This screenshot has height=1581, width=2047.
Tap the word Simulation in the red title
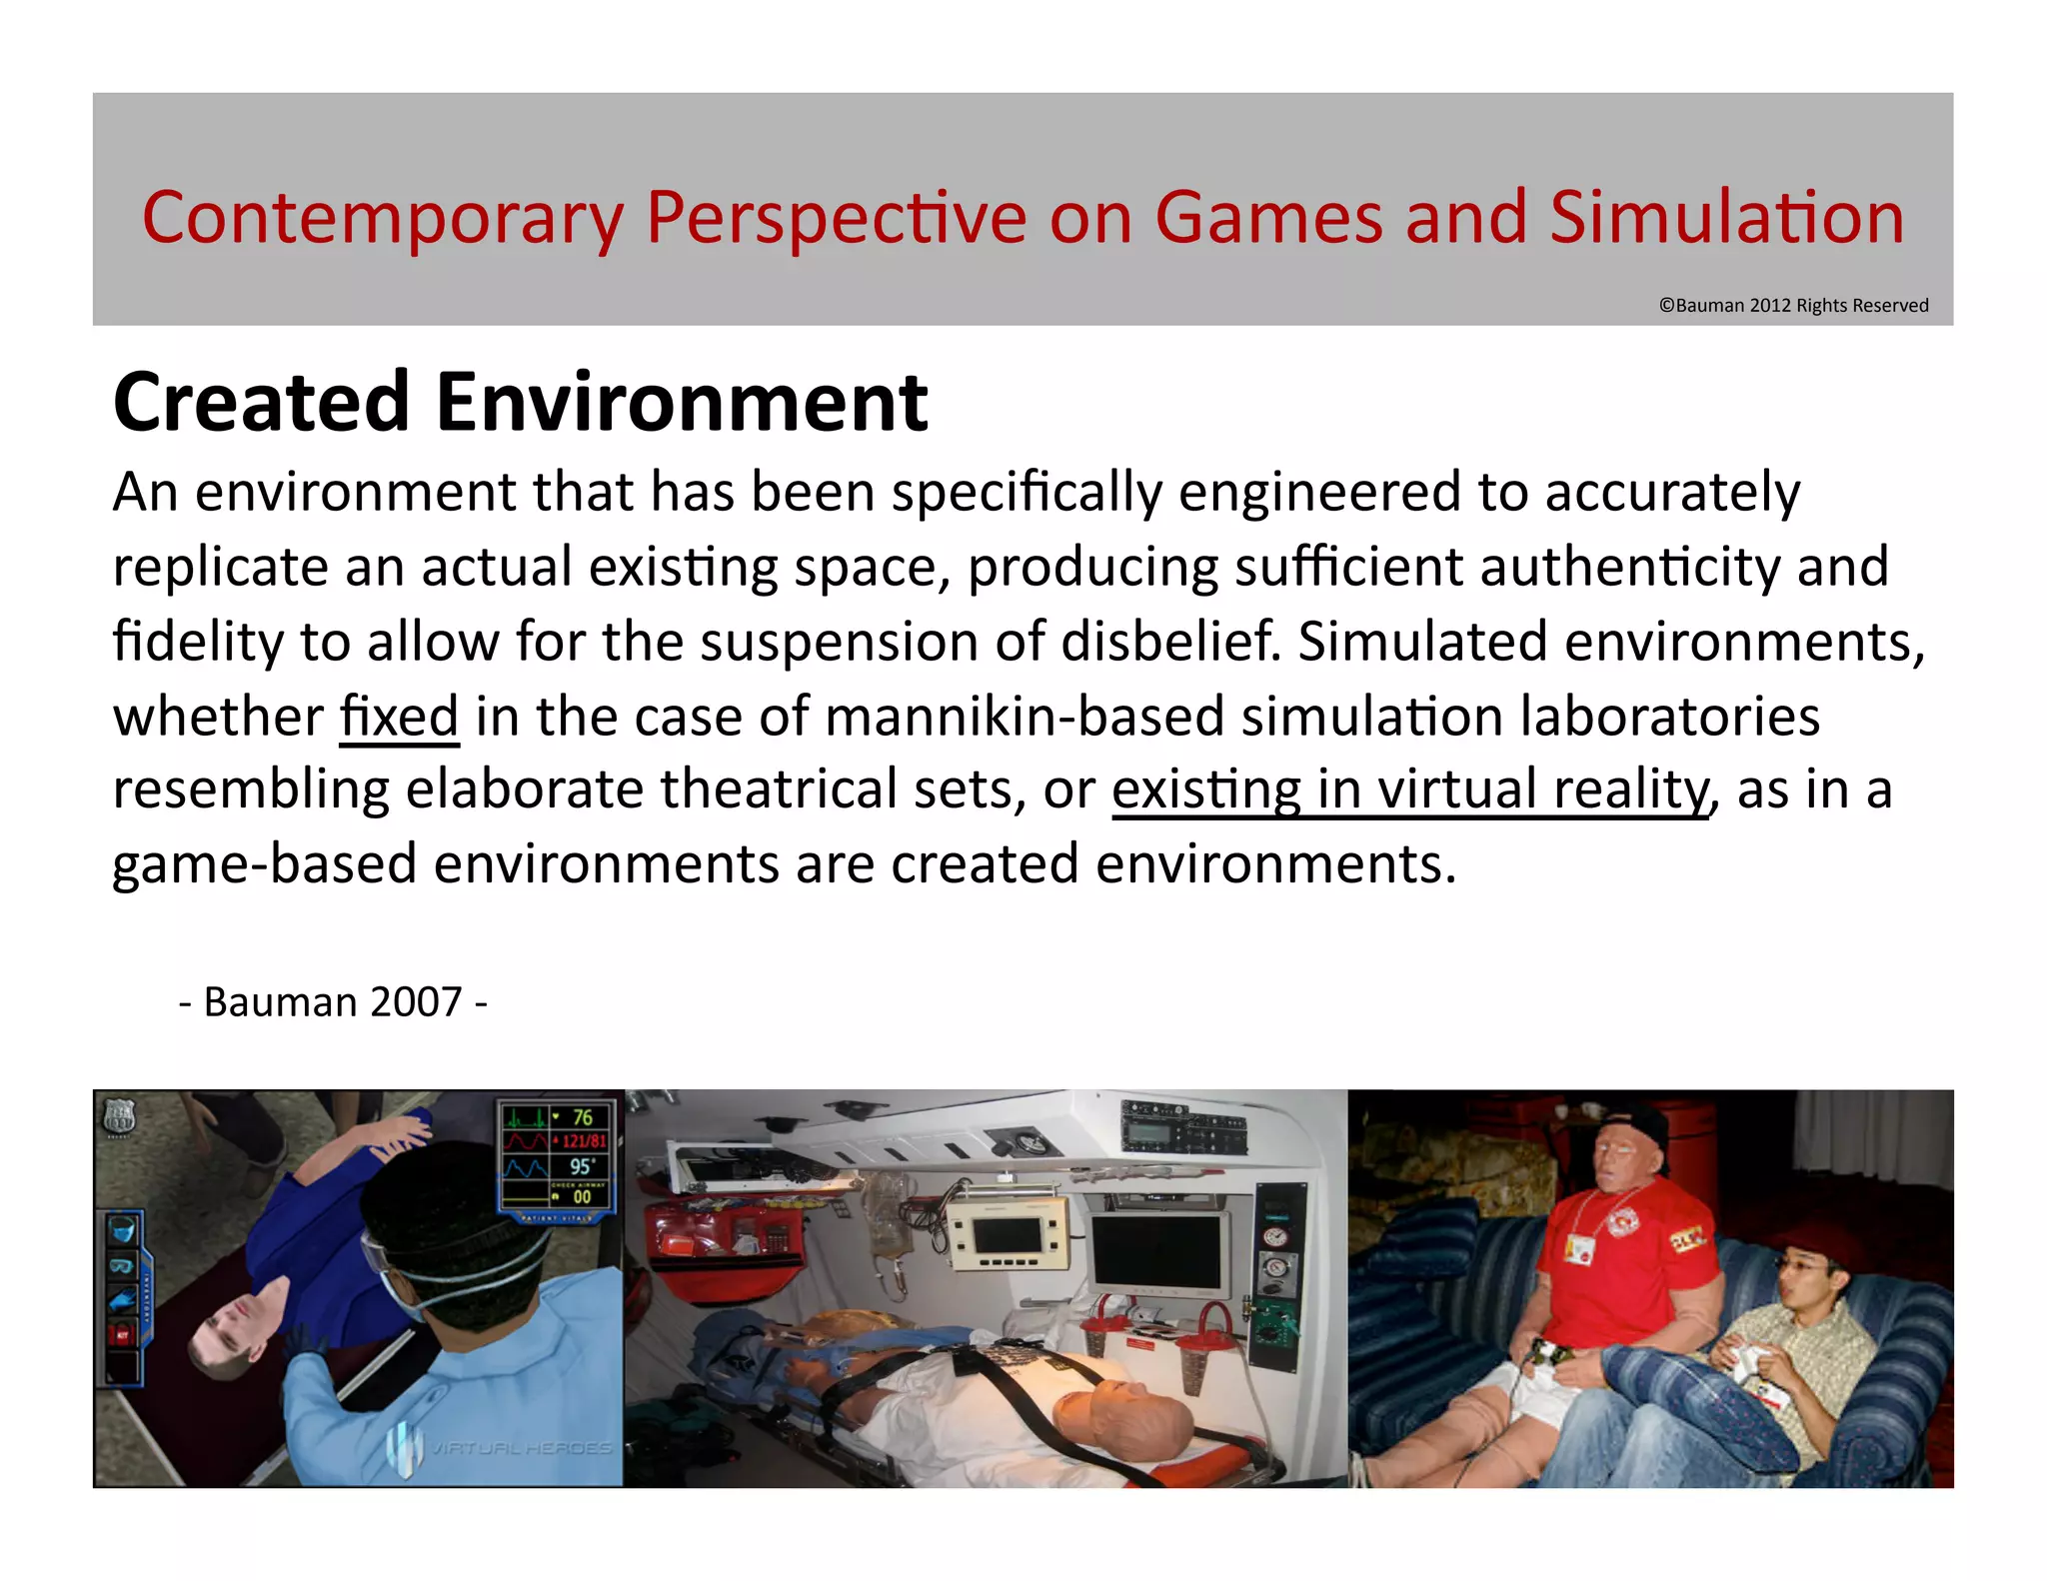(1726, 219)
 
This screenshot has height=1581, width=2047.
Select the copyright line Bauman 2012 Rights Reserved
(1793, 306)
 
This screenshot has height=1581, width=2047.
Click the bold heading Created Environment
(520, 402)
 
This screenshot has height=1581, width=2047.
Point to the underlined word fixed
(399, 717)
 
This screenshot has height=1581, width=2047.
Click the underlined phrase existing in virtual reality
(1410, 790)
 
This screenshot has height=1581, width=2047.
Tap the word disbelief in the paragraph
(1168, 642)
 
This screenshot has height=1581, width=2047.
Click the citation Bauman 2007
(333, 1002)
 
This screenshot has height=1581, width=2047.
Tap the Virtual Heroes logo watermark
(500, 1447)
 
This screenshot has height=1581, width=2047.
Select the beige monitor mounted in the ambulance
(1008, 1231)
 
